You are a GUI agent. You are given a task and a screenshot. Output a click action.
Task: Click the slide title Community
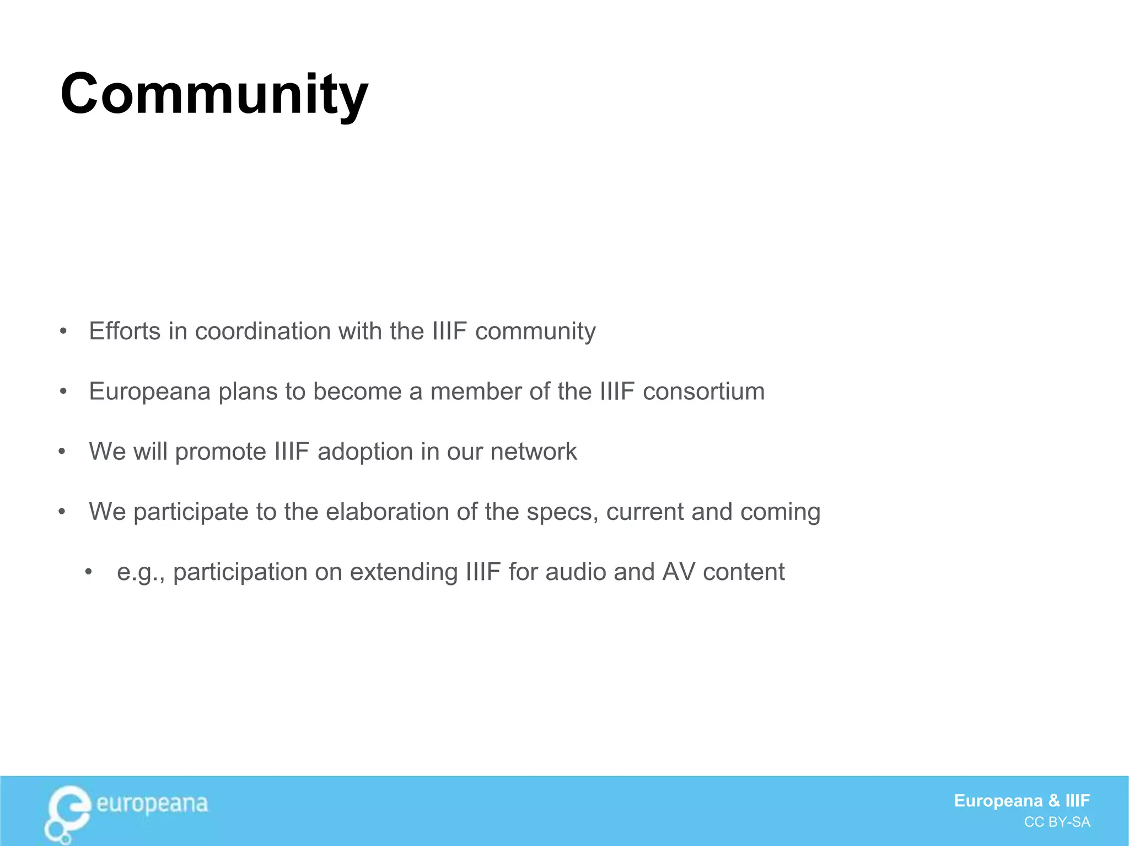coord(214,95)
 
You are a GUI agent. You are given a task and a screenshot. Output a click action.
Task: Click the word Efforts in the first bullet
coord(125,331)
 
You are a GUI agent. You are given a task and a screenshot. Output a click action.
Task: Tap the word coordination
coord(262,331)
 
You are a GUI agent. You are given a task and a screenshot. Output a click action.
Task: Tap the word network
coord(533,451)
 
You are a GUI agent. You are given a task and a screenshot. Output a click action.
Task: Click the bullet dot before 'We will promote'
coord(62,452)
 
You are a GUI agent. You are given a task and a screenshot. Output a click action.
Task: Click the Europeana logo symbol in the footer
coord(67,813)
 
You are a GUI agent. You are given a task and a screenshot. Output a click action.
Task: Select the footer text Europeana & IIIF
coord(1022,800)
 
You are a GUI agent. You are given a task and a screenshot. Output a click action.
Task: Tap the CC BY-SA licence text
coord(1057,822)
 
